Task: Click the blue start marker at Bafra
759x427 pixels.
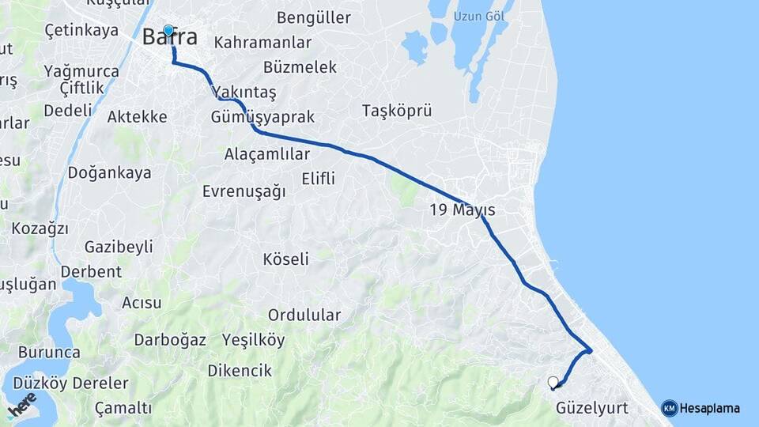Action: pyautogui.click(x=168, y=31)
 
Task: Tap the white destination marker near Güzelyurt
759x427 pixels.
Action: pyautogui.click(x=553, y=383)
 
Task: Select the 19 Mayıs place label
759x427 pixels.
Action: pyautogui.click(x=463, y=210)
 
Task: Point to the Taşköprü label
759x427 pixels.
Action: pyautogui.click(x=397, y=111)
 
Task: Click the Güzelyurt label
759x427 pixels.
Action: pyautogui.click(x=591, y=408)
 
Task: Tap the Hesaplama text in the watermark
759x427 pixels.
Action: pyautogui.click(x=709, y=408)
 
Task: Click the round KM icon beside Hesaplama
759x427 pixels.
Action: pyautogui.click(x=670, y=408)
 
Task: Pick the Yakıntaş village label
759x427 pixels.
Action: pyautogui.click(x=244, y=93)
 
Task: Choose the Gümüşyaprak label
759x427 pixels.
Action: pyautogui.click(x=263, y=117)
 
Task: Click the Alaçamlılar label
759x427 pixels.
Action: pyautogui.click(x=267, y=153)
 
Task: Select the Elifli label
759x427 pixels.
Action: pyautogui.click(x=318, y=178)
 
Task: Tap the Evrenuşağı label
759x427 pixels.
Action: pyautogui.click(x=244, y=191)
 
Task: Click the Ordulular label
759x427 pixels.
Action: pyautogui.click(x=304, y=315)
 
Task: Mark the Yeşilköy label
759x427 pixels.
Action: pyautogui.click(x=253, y=340)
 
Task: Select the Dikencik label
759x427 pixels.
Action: pyautogui.click(x=240, y=370)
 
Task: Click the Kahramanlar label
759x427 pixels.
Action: pyautogui.click(x=262, y=43)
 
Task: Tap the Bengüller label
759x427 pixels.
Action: pyautogui.click(x=314, y=17)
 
